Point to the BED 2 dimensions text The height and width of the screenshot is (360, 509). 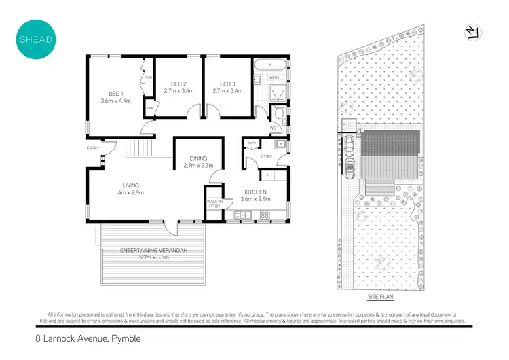[178, 90]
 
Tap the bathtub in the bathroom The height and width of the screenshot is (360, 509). [270, 67]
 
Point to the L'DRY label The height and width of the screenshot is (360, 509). [267, 158]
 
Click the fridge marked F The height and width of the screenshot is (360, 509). [267, 176]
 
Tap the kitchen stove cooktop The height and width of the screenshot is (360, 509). [265, 215]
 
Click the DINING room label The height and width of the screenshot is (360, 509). [198, 158]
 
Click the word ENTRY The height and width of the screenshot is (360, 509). [93, 148]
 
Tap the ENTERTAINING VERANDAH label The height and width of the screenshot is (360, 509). [153, 251]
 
